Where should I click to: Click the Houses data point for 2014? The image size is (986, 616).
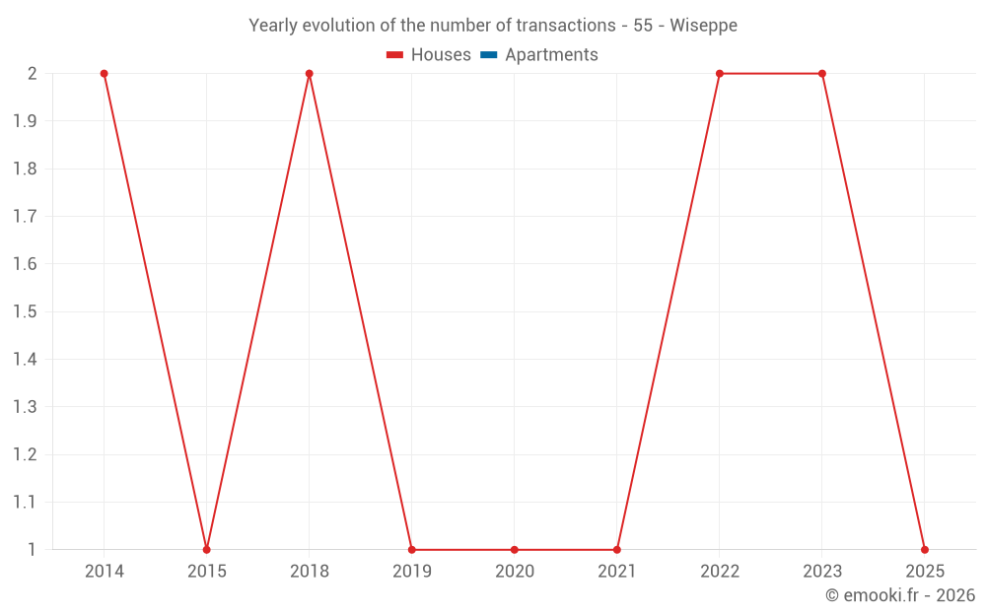[x=104, y=74]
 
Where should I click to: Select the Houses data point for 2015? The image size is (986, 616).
[x=206, y=549]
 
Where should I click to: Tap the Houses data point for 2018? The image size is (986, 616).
[x=309, y=74]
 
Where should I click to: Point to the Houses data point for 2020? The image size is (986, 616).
[x=514, y=549]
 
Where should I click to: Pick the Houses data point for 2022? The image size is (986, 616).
[x=719, y=74]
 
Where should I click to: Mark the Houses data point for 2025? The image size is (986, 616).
[x=924, y=549]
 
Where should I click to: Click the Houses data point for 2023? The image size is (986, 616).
[x=821, y=74]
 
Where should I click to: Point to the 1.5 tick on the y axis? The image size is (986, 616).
[x=25, y=311]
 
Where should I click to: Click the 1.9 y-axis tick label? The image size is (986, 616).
[x=25, y=121]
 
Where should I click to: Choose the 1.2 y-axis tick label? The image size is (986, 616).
[x=25, y=454]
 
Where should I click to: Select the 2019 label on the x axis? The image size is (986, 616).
[x=411, y=571]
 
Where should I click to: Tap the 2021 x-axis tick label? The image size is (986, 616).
[x=616, y=571]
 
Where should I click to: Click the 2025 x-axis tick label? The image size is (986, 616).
[x=924, y=571]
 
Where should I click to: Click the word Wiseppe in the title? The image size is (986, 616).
[x=703, y=26]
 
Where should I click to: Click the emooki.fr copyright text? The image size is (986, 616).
[x=900, y=595]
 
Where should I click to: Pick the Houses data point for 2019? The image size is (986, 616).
[x=411, y=549]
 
